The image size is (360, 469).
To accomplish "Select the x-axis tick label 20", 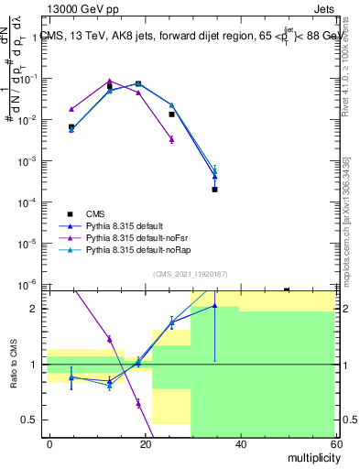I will pyautogui.click(x=145, y=443).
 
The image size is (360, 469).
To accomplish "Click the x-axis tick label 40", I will pyautogui.click(x=240, y=443).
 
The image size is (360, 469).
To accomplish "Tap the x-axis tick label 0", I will pyautogui.click(x=49, y=443).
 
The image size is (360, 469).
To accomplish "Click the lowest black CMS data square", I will pyautogui.click(x=214, y=190).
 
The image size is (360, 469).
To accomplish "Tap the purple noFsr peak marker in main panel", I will pyautogui.click(x=110, y=81).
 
